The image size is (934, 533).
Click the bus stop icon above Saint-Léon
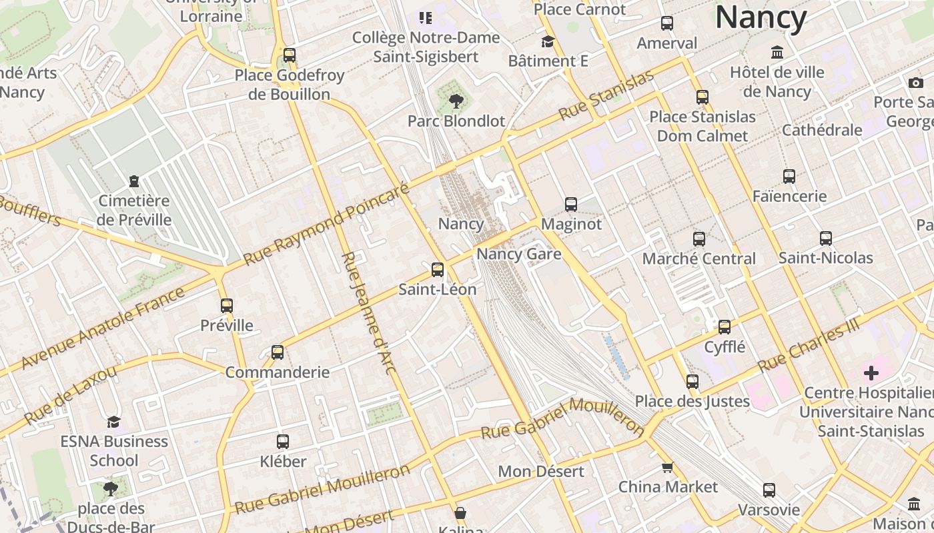click(438, 270)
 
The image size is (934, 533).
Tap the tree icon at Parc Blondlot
click(456, 101)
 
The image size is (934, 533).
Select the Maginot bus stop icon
click(571, 205)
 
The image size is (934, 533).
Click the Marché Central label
click(698, 259)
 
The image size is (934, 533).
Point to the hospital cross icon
click(871, 373)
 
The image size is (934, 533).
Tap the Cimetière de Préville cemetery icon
click(134, 181)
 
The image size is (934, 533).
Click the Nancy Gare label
click(518, 254)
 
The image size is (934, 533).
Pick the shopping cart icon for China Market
click(667, 468)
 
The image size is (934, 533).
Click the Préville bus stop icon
click(227, 306)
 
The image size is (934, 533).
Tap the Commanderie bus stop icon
click(278, 352)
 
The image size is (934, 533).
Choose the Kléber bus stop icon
click(283, 442)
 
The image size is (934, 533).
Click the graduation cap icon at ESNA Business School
click(114, 422)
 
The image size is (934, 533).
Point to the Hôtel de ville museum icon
click(777, 53)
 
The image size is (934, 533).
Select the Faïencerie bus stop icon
click(789, 177)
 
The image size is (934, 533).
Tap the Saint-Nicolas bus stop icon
click(826, 239)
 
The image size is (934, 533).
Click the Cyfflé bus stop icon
click(725, 327)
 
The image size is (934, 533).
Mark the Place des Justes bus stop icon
click(692, 382)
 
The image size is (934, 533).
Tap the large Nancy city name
click(761, 17)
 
